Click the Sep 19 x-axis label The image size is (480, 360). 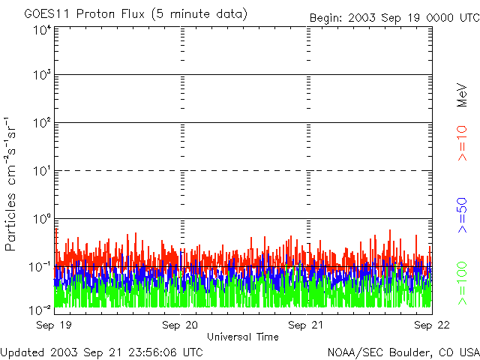pos(54,325)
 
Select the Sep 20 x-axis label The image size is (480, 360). pos(180,325)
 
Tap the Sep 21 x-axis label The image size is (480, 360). pos(306,325)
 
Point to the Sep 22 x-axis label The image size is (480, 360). pos(431,325)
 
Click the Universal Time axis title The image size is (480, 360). pos(242,337)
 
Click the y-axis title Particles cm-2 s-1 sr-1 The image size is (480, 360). pos(13,183)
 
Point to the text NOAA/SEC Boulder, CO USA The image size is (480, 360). pos(403,352)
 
